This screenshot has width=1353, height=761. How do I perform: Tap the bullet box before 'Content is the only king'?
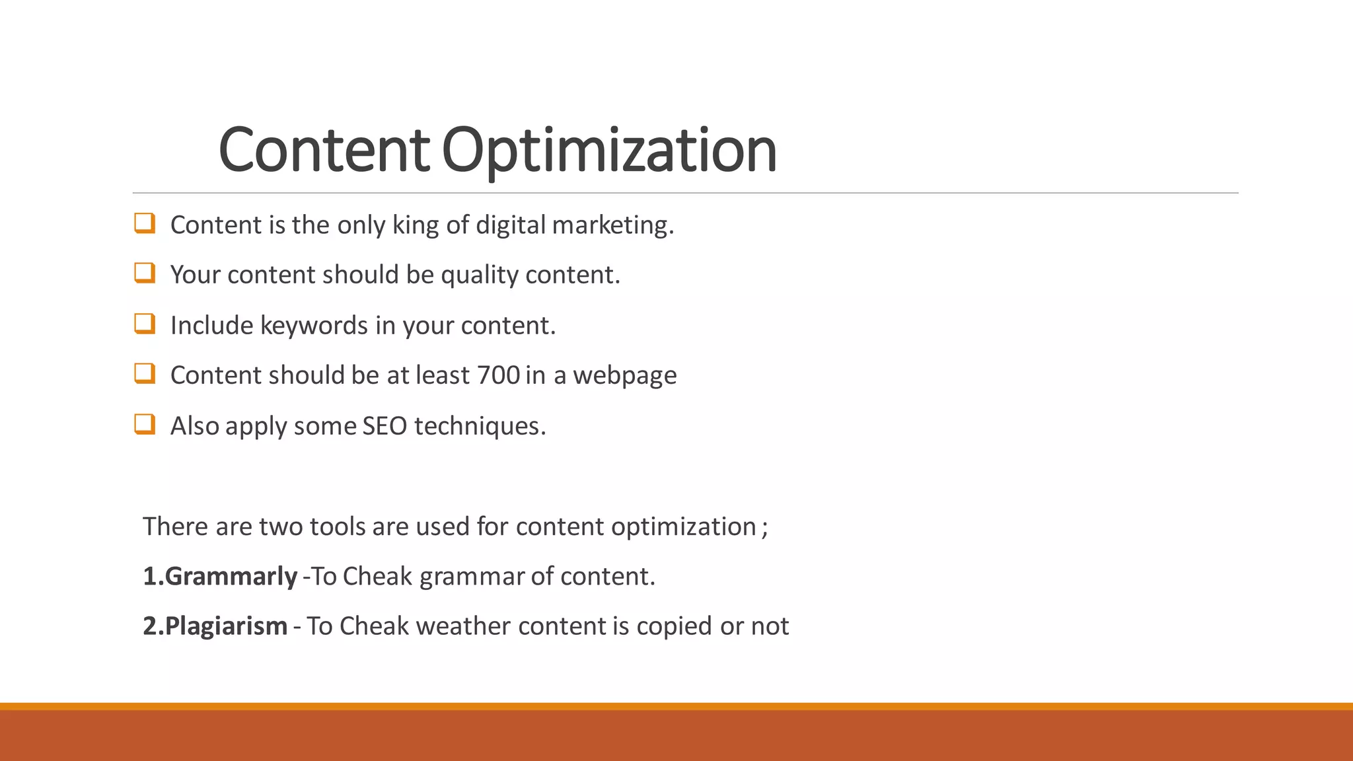point(145,223)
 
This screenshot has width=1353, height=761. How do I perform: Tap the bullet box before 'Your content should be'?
point(145,273)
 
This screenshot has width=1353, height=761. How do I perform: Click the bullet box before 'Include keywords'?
point(145,324)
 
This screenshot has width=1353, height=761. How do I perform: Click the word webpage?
point(624,376)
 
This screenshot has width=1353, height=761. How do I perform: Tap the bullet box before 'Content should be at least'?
point(145,373)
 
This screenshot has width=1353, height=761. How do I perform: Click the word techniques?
point(480,426)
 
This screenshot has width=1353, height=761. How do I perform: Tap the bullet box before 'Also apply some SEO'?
point(145,423)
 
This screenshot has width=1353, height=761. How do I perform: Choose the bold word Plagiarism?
point(225,626)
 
